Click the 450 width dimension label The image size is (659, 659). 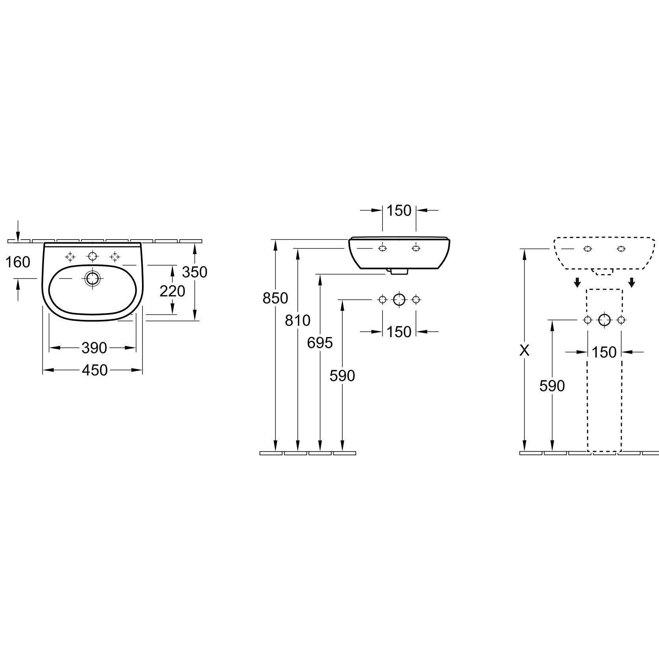point(94,370)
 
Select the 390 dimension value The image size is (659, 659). point(94,348)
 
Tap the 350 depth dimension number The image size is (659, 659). point(195,272)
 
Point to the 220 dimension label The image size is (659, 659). point(172,291)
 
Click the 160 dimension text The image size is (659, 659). point(18,262)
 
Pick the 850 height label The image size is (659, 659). point(275,298)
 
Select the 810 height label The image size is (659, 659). point(298,321)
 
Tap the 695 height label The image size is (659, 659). point(320,343)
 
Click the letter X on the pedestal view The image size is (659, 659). point(524,350)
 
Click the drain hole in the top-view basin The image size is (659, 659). point(92,279)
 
